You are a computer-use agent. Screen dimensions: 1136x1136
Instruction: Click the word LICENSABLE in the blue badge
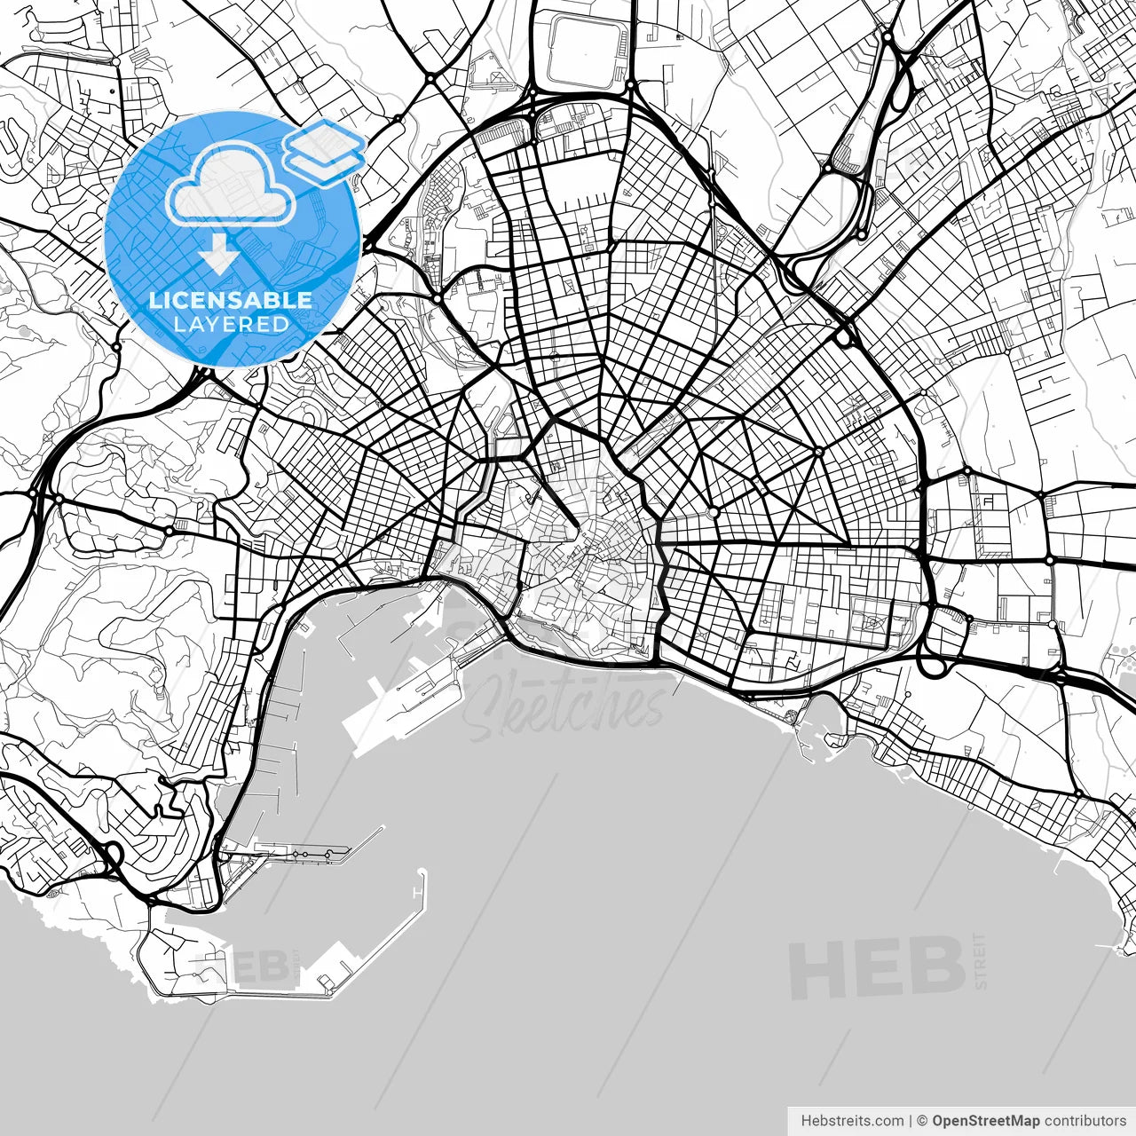pos(231,300)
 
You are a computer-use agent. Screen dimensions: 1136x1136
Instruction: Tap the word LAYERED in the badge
pos(231,325)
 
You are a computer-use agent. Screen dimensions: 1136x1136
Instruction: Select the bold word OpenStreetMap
pos(986,1121)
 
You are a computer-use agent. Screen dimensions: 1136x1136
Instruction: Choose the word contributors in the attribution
pos(1085,1121)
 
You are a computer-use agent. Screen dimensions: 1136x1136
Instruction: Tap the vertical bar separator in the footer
pos(911,1121)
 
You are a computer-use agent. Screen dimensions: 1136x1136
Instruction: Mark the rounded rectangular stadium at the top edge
pos(581,40)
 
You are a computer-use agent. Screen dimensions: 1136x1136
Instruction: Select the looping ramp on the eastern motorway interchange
pos(933,666)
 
